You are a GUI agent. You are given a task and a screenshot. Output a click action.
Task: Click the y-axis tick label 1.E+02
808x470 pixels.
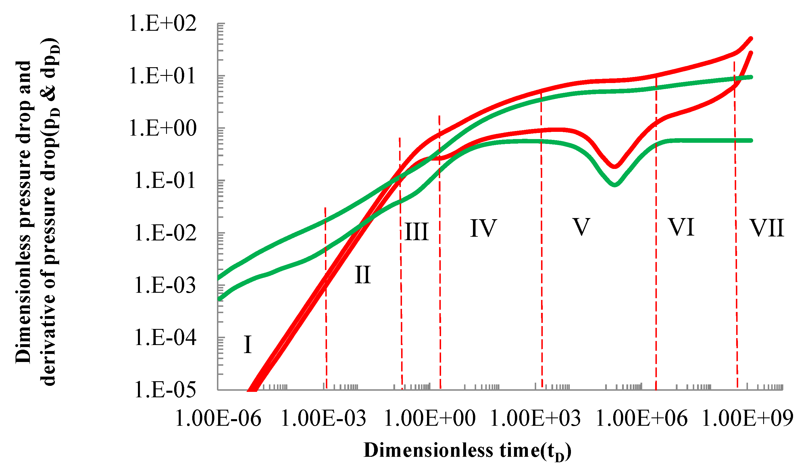point(163,24)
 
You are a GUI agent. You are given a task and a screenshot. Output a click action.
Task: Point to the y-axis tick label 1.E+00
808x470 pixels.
point(163,129)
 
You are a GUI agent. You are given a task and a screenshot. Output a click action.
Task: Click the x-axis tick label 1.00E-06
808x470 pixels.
point(218,419)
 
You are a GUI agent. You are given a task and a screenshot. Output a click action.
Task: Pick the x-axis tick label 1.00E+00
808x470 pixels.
point(430,419)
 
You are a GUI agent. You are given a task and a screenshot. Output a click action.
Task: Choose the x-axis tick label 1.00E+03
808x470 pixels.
point(536,419)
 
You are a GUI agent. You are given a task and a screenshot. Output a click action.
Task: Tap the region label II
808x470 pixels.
point(363,275)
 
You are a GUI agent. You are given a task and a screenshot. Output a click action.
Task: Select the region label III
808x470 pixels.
point(417,232)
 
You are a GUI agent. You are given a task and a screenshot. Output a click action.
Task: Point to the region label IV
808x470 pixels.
point(484,228)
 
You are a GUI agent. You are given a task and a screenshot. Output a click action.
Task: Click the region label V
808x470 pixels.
point(581,227)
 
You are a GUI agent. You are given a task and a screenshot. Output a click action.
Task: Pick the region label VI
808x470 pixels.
point(681,227)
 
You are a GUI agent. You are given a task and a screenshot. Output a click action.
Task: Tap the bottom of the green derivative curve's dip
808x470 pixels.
point(614,185)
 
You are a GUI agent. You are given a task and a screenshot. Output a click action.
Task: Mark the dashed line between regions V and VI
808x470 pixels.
point(656,257)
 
